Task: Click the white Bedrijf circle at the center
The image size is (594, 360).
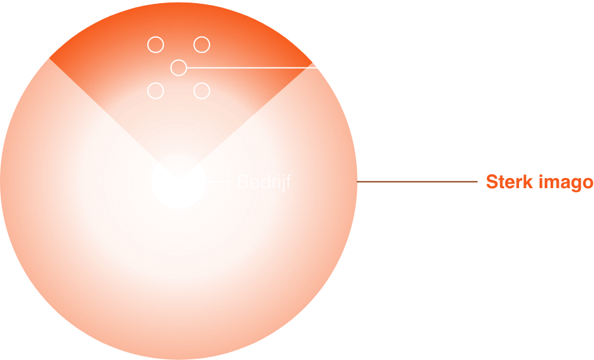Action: [x=179, y=181]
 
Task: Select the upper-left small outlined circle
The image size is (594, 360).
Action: [x=155, y=45]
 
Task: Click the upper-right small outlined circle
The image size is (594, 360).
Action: [x=201, y=45]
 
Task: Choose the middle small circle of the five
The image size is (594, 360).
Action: [x=179, y=67]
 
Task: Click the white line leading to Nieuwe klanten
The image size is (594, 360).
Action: [x=283, y=67]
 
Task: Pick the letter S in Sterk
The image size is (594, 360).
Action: [x=491, y=182]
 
